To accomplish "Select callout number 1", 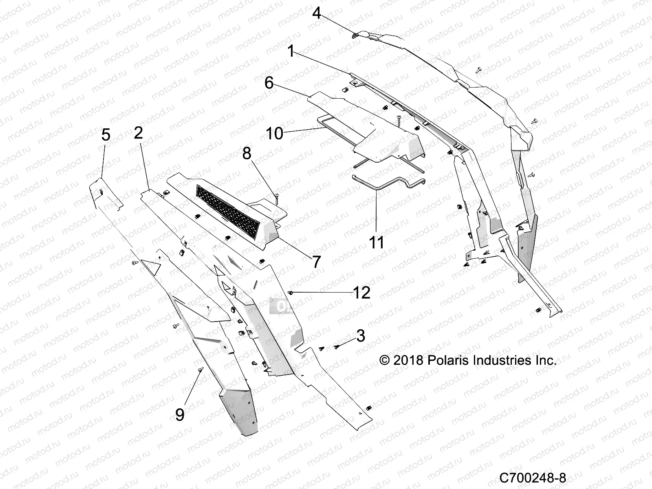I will pyautogui.click(x=291, y=51).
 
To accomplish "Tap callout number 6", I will pyautogui.click(x=269, y=83).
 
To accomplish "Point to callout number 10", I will pyautogui.click(x=274, y=133).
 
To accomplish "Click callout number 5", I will pyautogui.click(x=106, y=135).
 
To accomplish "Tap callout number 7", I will pyautogui.click(x=317, y=262).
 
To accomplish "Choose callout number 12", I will pyautogui.click(x=361, y=293).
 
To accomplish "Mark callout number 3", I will pyautogui.click(x=360, y=336).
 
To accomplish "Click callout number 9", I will pyautogui.click(x=180, y=414).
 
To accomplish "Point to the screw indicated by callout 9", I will pyautogui.click(x=201, y=369).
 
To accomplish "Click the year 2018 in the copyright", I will pyautogui.click(x=410, y=360).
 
